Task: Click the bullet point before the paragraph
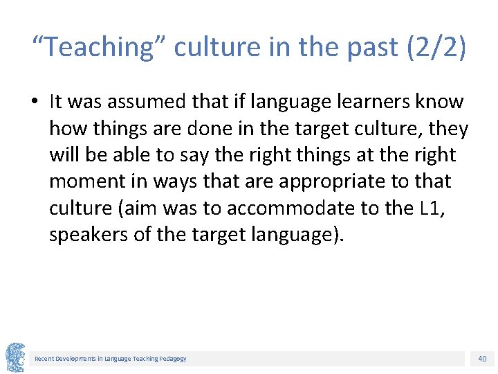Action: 35,103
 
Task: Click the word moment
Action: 84,181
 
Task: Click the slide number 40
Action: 481,358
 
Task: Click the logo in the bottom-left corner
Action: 16,357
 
